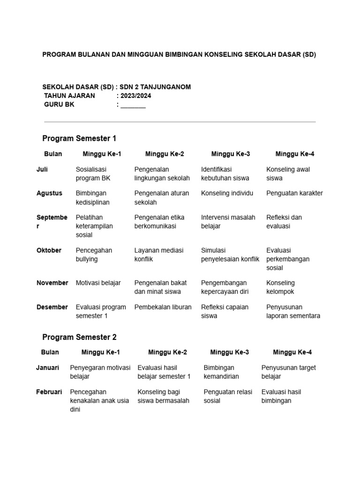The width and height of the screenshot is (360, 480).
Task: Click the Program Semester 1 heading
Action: pyautogui.click(x=79, y=138)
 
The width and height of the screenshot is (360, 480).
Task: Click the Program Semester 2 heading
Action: pyautogui.click(x=79, y=337)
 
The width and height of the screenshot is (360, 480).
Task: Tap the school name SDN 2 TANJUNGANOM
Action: pyautogui.click(x=155, y=87)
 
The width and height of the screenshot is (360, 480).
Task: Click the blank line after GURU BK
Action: pyautogui.click(x=133, y=105)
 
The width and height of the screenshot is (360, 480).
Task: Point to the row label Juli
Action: pyautogui.click(x=42, y=169)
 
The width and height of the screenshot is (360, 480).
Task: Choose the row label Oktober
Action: pyautogui.click(x=49, y=250)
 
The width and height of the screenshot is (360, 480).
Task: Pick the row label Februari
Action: pyautogui.click(x=49, y=392)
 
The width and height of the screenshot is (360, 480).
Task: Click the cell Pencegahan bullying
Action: pyautogui.click(x=94, y=255)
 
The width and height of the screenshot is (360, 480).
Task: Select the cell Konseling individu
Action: pyautogui.click(x=227, y=193)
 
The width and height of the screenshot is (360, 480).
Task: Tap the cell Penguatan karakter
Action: pyautogui.click(x=294, y=193)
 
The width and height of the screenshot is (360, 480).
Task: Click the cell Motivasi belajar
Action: pyautogui.click(x=98, y=283)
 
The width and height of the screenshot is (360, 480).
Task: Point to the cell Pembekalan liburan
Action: pyautogui.click(x=163, y=307)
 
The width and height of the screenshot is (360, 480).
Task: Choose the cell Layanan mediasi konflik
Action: pyautogui.click(x=159, y=255)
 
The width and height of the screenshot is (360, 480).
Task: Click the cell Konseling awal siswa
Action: pyautogui.click(x=288, y=173)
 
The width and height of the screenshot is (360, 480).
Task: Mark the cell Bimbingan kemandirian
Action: pyautogui.click(x=221, y=372)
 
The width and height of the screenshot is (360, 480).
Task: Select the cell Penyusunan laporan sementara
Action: pyautogui.click(x=293, y=311)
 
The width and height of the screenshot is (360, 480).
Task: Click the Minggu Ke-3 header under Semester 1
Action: pyautogui.click(x=230, y=154)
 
